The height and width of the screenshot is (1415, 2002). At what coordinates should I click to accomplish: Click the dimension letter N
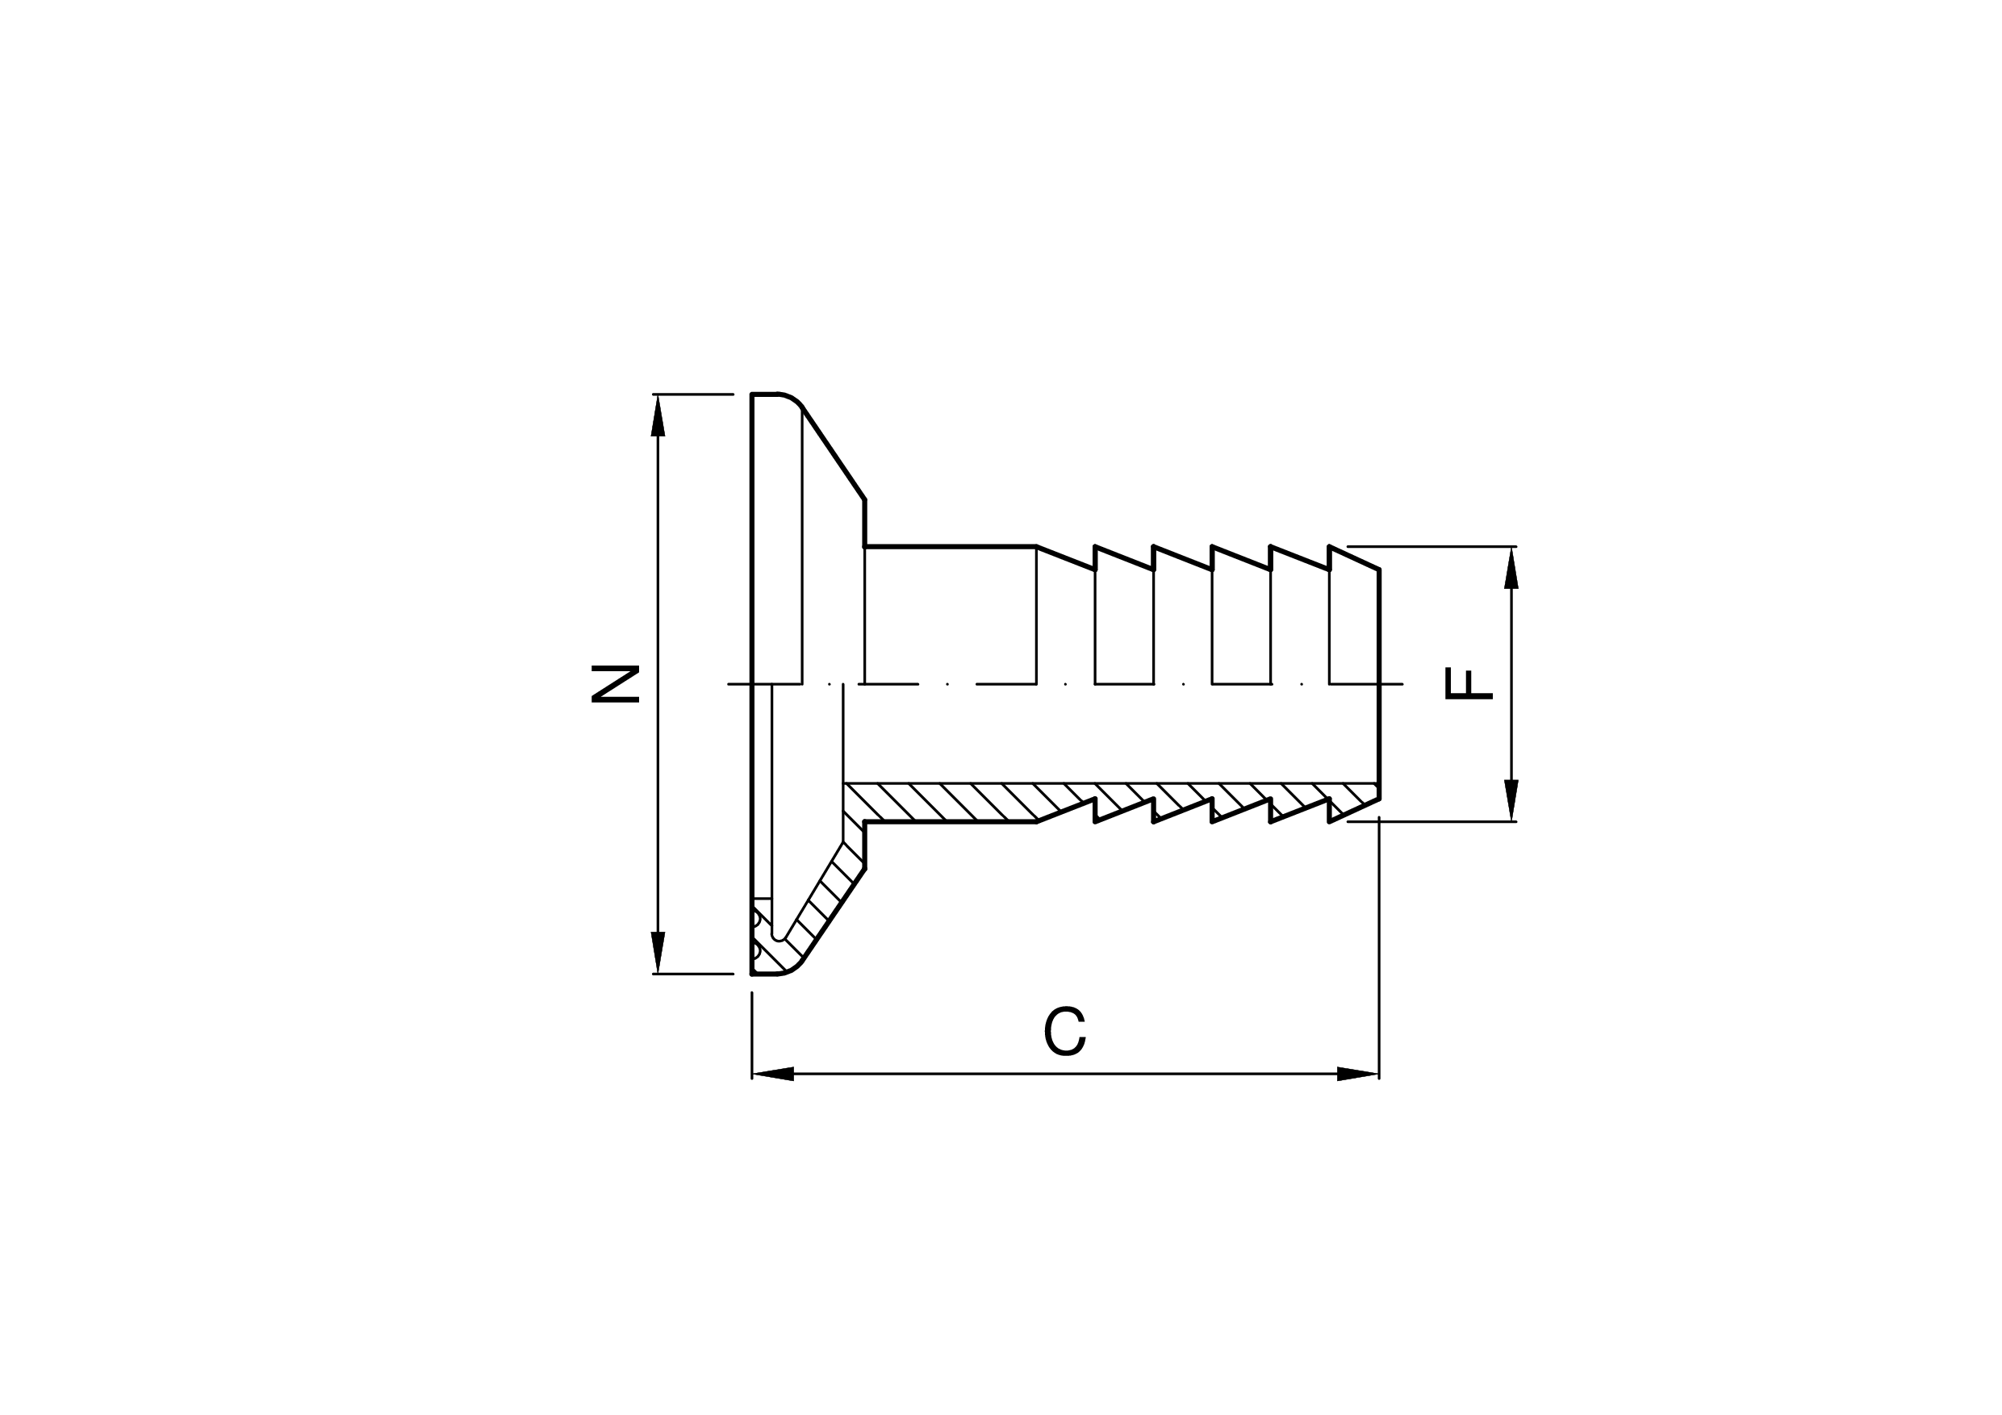616,683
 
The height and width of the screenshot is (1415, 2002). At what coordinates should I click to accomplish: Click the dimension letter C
1064,1031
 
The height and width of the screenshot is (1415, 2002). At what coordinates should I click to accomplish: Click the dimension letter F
1469,683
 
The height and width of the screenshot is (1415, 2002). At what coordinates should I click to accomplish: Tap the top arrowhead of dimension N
658,416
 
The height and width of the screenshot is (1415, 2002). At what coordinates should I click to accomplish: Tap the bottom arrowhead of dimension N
658,952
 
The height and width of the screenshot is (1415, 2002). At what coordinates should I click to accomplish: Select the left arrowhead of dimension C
772,1074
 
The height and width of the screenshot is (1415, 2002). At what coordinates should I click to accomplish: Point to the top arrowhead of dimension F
1512,569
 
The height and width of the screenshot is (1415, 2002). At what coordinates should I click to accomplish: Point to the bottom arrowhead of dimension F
1512,800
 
